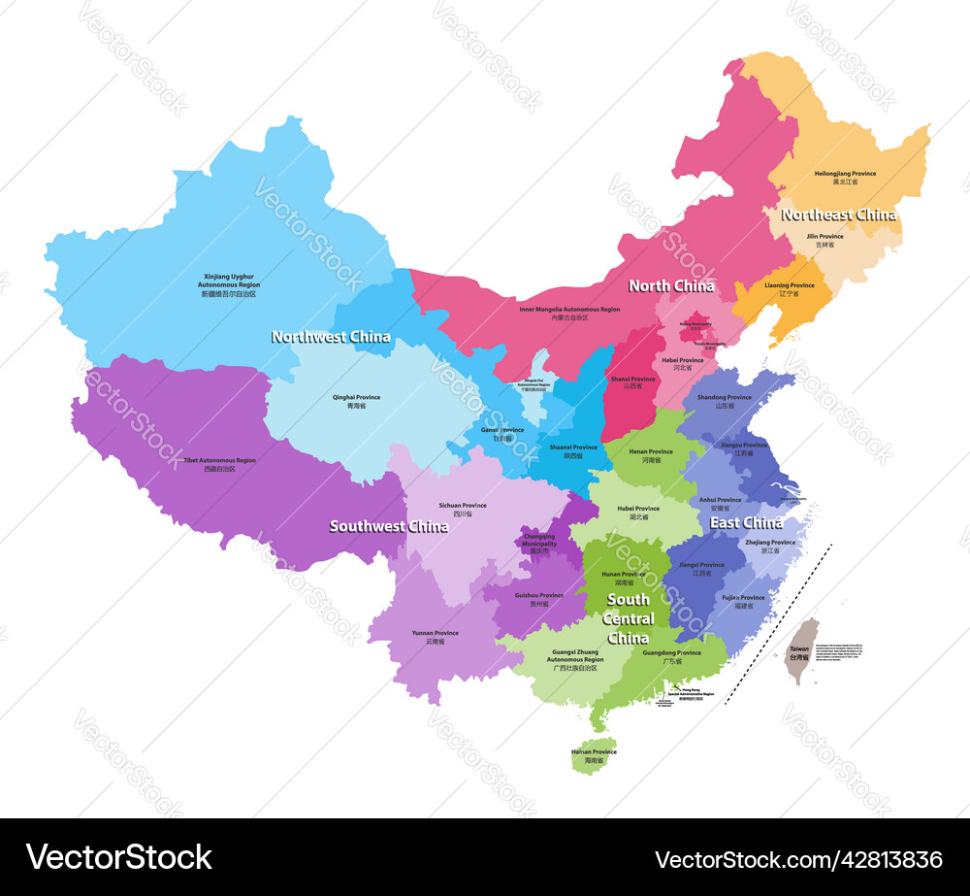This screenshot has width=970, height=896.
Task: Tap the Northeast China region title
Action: tap(838, 216)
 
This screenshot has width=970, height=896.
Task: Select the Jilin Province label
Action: tap(824, 237)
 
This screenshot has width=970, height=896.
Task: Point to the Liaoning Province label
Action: tap(789, 286)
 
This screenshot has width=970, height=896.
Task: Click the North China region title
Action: tap(671, 285)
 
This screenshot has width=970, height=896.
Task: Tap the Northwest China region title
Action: tap(331, 337)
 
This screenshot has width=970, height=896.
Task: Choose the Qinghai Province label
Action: tap(356, 398)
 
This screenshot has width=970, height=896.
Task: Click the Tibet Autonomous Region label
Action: tap(220, 461)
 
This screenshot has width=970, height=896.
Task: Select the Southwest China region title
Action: tap(388, 526)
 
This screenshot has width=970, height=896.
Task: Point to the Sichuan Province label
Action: tap(463, 506)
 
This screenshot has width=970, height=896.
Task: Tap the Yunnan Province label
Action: tap(435, 634)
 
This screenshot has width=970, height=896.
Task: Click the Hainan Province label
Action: tap(593, 752)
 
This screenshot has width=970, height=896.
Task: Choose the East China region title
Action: tap(746, 523)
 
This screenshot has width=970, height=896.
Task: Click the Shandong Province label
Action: tap(725, 398)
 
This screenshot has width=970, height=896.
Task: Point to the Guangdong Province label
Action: tap(671, 653)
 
